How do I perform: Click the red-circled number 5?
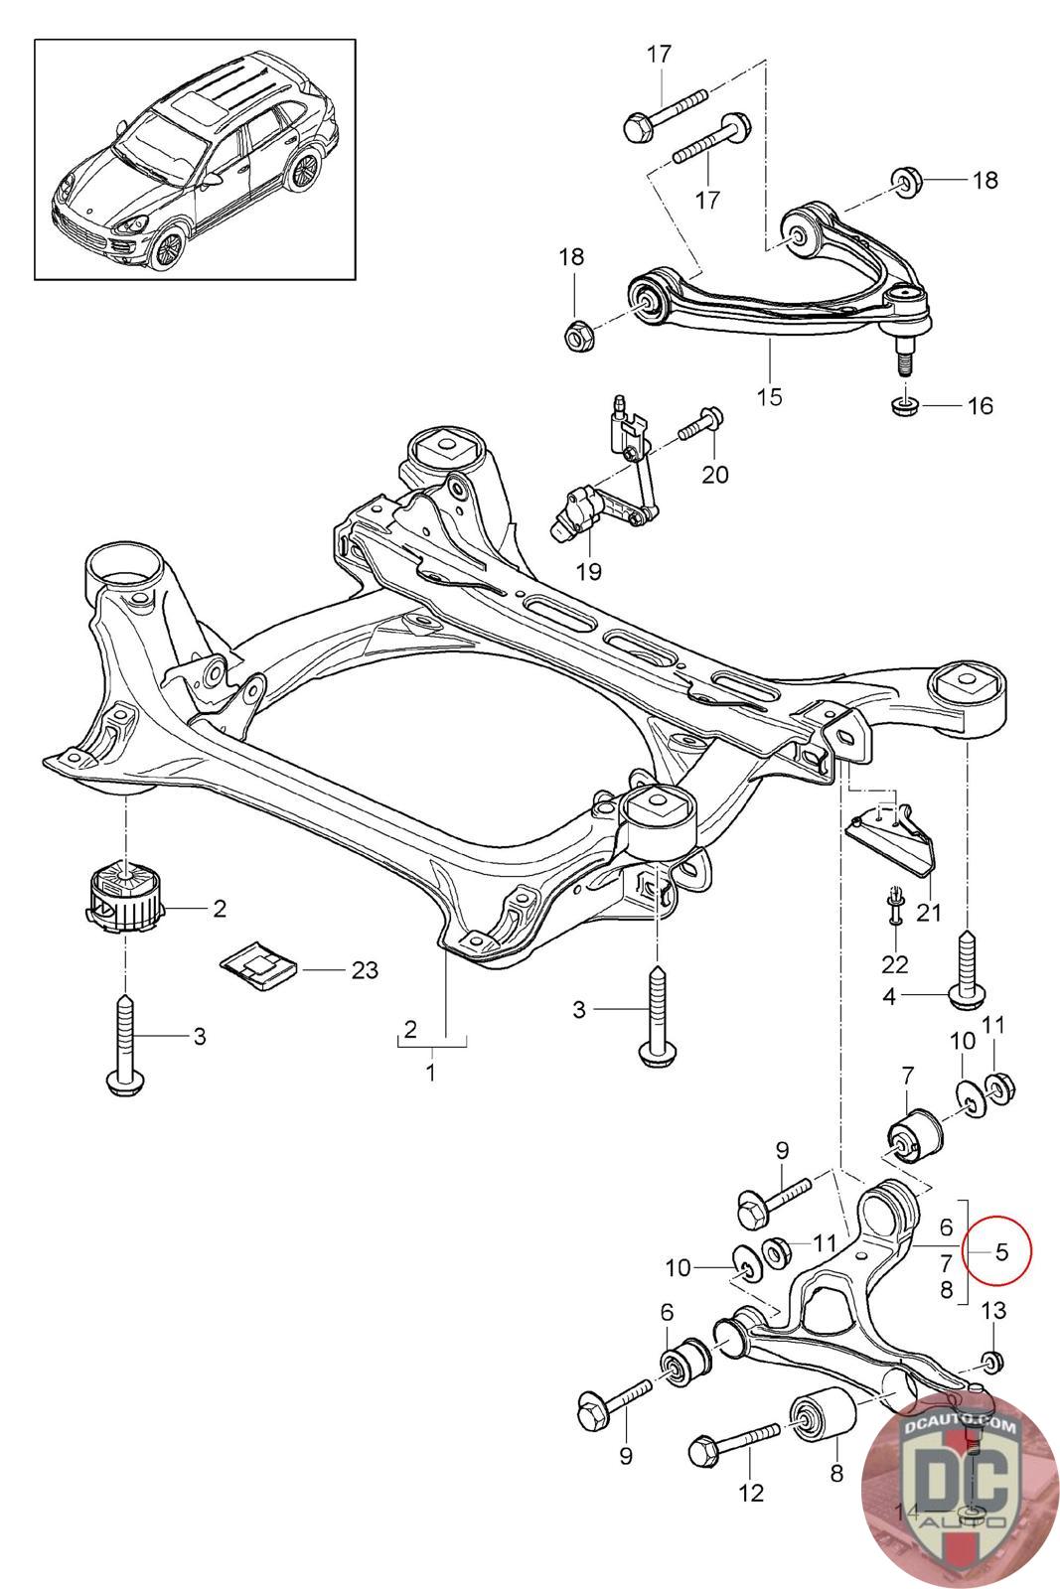pos(1000,1251)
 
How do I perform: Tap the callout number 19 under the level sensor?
pos(588,570)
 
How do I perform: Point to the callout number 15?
pos(769,396)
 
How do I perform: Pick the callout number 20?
pos(714,474)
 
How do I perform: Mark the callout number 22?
pos(895,964)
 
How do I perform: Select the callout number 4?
pos(889,997)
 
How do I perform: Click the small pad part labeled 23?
pos(259,964)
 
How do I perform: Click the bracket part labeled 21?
pos(890,844)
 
